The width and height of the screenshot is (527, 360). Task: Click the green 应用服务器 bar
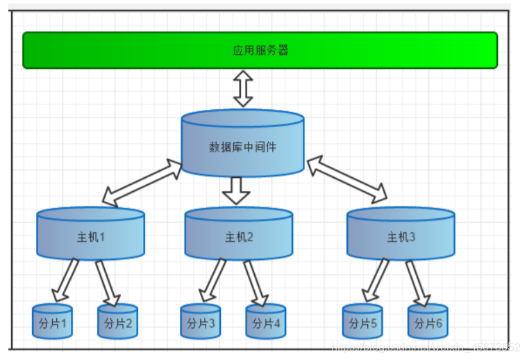[260, 50]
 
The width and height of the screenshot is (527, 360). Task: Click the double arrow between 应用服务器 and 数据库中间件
[243, 88]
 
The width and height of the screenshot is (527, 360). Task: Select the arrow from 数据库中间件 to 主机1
[142, 182]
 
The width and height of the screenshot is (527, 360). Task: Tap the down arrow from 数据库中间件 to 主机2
[237, 189]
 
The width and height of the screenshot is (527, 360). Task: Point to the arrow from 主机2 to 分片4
[256, 282]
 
